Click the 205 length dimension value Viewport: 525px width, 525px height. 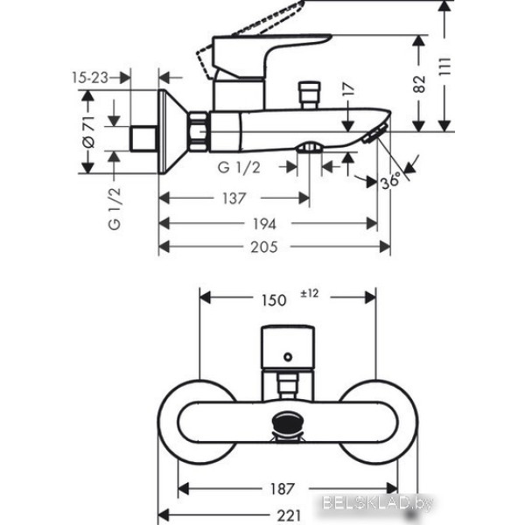pyautogui.click(x=262, y=248)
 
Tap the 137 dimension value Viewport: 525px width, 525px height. pyautogui.click(x=233, y=199)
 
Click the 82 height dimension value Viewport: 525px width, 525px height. pyautogui.click(x=420, y=83)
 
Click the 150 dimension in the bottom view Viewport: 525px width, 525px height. pyautogui.click(x=275, y=300)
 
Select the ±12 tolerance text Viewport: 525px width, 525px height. pyautogui.click(x=311, y=295)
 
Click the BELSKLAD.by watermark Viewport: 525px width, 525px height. pyautogui.click(x=464, y=501)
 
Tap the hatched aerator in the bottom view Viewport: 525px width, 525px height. pyautogui.click(x=286, y=424)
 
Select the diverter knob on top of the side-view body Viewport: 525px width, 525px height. pyautogui.click(x=308, y=92)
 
